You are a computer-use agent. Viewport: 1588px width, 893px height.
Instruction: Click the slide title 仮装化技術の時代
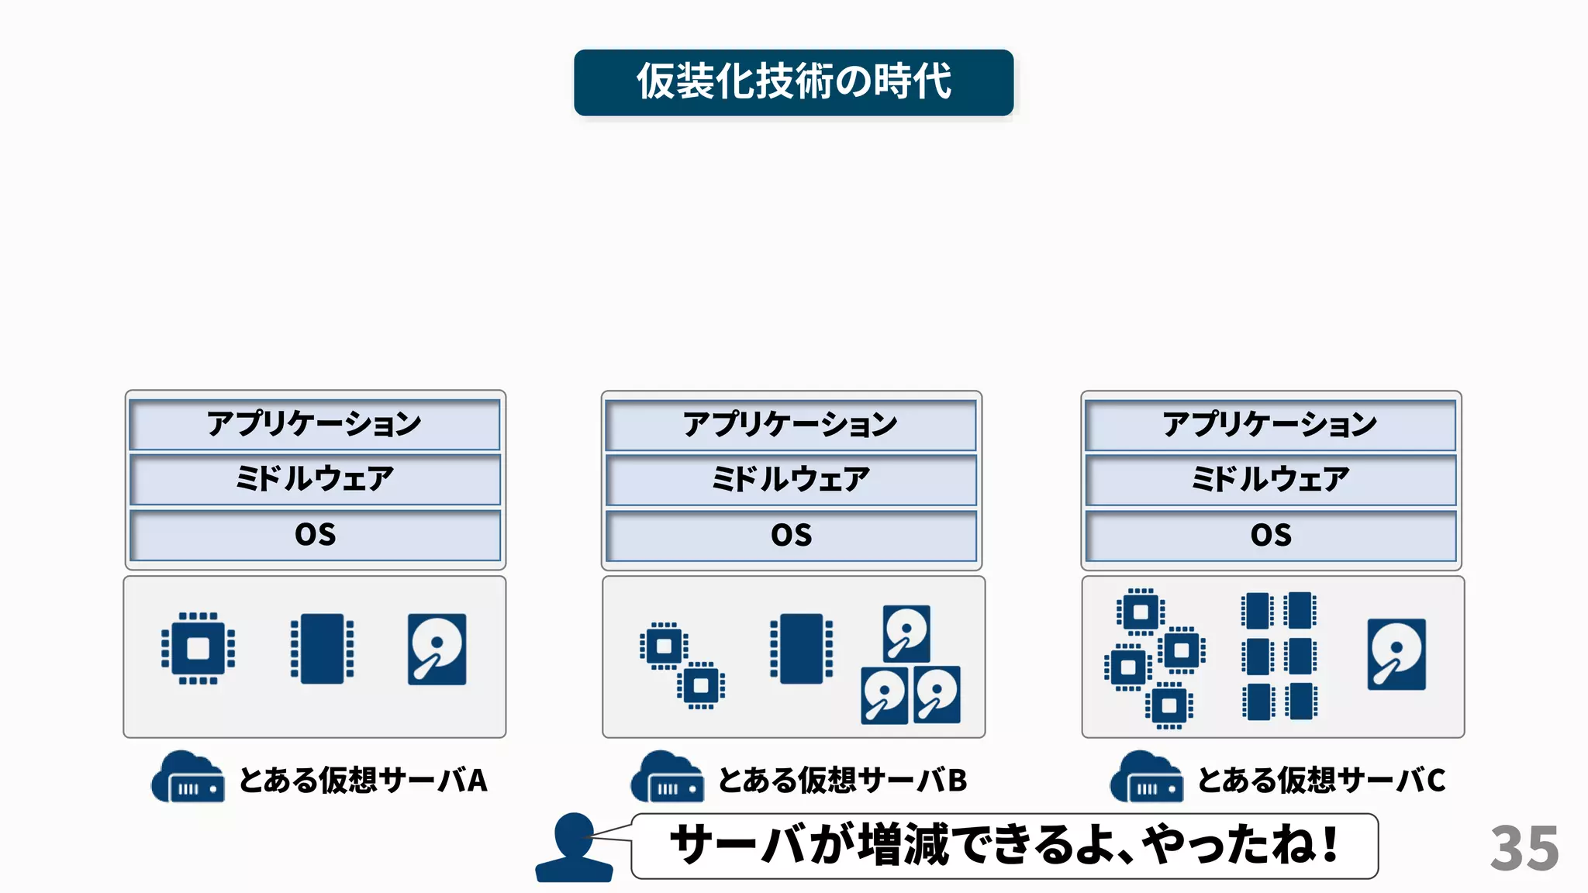pyautogui.click(x=793, y=82)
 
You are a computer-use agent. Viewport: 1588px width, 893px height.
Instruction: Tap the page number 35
pyautogui.click(x=1524, y=848)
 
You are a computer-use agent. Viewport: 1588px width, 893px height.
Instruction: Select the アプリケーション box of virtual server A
pyautogui.click(x=315, y=424)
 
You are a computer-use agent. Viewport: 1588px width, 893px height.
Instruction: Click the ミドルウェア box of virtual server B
pyautogui.click(x=791, y=480)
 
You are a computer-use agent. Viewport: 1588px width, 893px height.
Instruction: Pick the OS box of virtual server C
pyautogui.click(x=1270, y=535)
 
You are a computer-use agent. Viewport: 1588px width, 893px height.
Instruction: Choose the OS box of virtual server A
pyautogui.click(x=315, y=535)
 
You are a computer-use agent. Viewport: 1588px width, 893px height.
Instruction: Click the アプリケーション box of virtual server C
pyautogui.click(x=1270, y=424)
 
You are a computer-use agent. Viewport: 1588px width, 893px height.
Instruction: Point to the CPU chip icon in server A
pyautogui.click(x=198, y=649)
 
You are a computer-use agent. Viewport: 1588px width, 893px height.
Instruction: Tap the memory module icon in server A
pyautogui.click(x=322, y=649)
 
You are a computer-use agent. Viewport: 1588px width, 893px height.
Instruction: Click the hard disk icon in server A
pyautogui.click(x=437, y=649)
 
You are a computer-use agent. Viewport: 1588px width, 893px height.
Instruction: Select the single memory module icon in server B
pyautogui.click(x=801, y=649)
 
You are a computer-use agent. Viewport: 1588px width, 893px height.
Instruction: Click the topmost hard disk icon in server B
pyautogui.click(x=906, y=633)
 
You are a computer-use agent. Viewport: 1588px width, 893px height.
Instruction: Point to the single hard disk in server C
pyautogui.click(x=1396, y=653)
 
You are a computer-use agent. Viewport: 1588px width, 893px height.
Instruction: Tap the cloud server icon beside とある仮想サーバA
pyautogui.click(x=188, y=777)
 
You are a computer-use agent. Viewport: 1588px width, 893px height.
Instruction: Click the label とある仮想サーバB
pyautogui.click(x=842, y=780)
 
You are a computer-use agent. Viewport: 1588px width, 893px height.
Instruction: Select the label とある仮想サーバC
pyautogui.click(x=1321, y=780)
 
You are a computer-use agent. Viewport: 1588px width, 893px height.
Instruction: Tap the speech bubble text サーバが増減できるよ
pyautogui.click(x=1003, y=845)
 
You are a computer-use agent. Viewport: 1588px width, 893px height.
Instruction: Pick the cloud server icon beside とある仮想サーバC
pyautogui.click(x=1146, y=777)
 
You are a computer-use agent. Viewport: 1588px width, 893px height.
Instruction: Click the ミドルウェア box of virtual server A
pyautogui.click(x=315, y=480)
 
